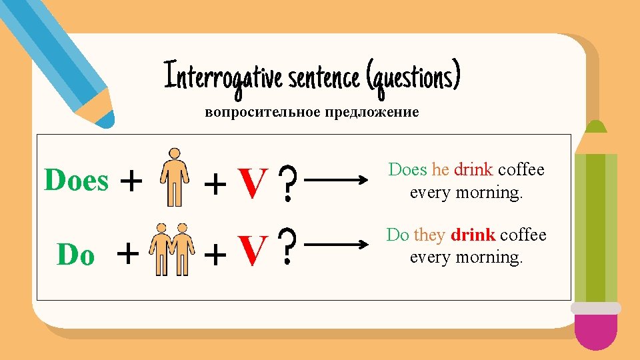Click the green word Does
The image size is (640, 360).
click(76, 180)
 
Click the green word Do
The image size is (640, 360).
click(76, 254)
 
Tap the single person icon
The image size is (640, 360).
click(175, 177)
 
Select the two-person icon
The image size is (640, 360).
click(173, 249)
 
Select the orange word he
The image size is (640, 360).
click(440, 169)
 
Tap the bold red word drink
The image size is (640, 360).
click(473, 235)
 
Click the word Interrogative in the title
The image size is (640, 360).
click(224, 75)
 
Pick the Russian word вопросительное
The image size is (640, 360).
click(262, 112)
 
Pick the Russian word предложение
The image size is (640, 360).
click(371, 112)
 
